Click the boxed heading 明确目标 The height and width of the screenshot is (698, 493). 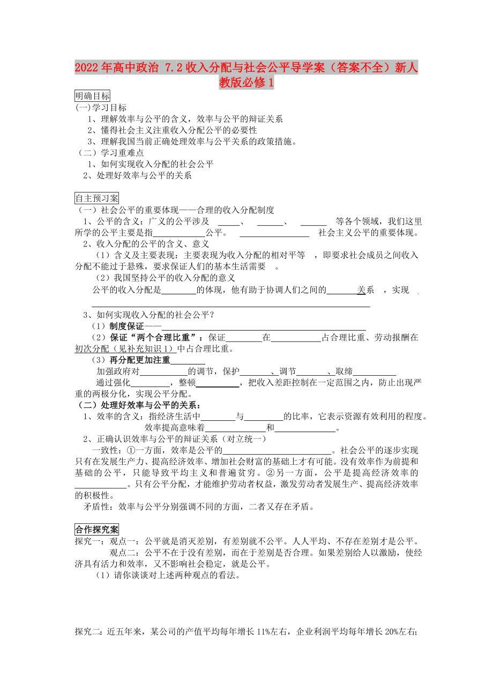(x=93, y=96)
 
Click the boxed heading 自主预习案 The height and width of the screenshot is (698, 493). (x=97, y=198)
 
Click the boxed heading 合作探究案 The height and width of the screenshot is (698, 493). (x=97, y=529)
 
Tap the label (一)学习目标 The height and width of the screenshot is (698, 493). (x=101, y=108)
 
